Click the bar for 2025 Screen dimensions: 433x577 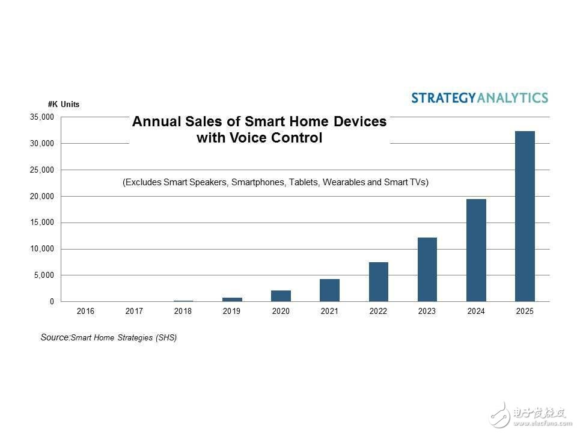pyautogui.click(x=525, y=216)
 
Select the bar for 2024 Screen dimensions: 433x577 pyautogui.click(x=476, y=250)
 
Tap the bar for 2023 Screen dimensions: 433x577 pyautogui.click(x=427, y=269)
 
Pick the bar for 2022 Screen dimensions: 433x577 pyautogui.click(x=378, y=281)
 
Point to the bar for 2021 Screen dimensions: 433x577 pyautogui.click(x=329, y=290)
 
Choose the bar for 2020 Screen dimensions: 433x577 pyautogui.click(x=281, y=296)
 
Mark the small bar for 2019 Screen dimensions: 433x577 pyautogui.click(x=232, y=299)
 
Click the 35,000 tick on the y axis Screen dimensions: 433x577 pyautogui.click(x=41, y=117)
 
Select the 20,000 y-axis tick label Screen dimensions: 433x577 pyautogui.click(x=41, y=196)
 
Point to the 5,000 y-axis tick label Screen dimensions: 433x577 pyautogui.click(x=44, y=275)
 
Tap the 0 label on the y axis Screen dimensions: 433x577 pyautogui.click(x=52, y=302)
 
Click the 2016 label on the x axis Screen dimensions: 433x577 pyautogui.click(x=85, y=312)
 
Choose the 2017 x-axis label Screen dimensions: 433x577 pyautogui.click(x=134, y=312)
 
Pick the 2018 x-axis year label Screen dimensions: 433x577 pyautogui.click(x=183, y=312)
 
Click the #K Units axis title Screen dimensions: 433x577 pyautogui.click(x=63, y=105)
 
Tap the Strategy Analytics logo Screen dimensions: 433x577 pyautogui.click(x=480, y=98)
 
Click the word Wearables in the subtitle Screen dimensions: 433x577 pyautogui.click(x=344, y=182)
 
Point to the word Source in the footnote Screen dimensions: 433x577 pyautogui.click(x=55, y=337)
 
